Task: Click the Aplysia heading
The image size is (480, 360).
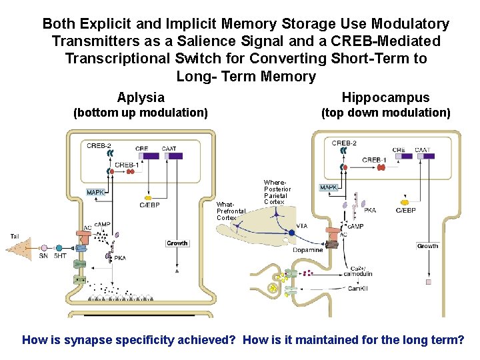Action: tap(140, 98)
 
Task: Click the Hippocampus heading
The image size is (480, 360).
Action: tap(385, 98)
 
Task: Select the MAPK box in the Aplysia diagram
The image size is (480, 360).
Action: tap(96, 193)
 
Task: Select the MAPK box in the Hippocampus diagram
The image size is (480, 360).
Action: tap(329, 188)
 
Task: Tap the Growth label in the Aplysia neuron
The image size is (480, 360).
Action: tap(177, 243)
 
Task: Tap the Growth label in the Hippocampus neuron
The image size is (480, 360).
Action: tap(427, 246)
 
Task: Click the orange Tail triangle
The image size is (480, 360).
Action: tap(20, 249)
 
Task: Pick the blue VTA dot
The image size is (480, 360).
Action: tap(291, 233)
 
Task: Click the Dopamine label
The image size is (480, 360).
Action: tap(307, 250)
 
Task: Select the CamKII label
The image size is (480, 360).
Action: tap(358, 288)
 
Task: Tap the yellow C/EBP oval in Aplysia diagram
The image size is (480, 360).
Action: tap(148, 198)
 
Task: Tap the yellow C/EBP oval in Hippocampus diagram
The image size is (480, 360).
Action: tap(404, 202)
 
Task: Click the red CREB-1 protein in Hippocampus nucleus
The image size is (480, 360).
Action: tap(381, 167)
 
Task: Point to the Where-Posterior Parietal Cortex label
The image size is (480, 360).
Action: tap(277, 192)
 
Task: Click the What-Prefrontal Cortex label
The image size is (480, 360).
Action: tap(231, 211)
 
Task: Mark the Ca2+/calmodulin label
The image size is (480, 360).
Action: tap(363, 269)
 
